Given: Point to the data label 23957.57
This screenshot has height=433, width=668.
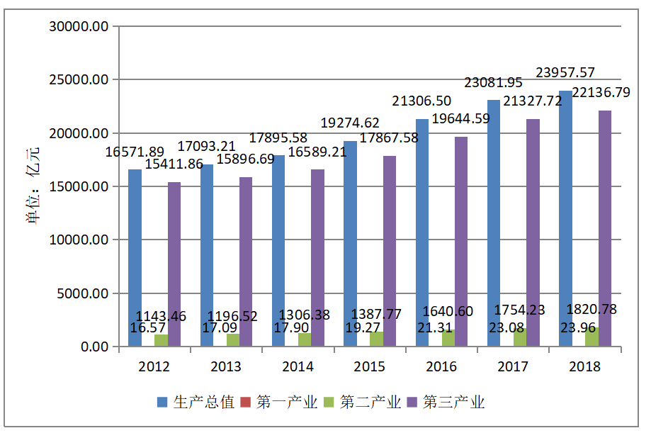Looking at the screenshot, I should (565, 72).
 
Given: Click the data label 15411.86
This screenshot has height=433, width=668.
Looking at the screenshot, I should (174, 164).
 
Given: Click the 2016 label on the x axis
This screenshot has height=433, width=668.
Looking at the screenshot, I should (441, 366).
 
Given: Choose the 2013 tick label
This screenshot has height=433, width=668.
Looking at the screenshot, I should (226, 366).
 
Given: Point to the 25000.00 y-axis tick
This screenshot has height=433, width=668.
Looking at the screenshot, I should (78, 80).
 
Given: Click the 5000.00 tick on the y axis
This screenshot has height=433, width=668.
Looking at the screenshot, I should (82, 293).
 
